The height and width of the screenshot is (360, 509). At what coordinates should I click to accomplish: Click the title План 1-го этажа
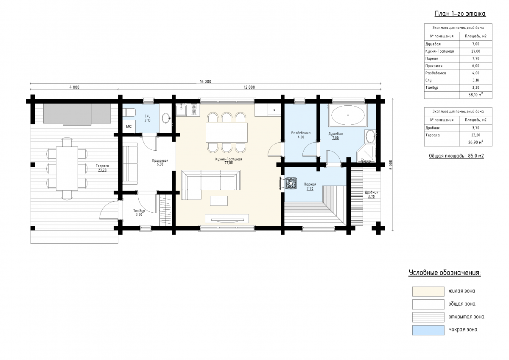460,14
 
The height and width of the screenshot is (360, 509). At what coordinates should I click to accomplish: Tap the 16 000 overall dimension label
205,82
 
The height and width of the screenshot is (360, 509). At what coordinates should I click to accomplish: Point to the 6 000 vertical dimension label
391,165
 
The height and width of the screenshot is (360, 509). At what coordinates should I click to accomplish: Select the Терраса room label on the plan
102,166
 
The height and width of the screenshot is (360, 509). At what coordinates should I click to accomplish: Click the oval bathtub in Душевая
348,115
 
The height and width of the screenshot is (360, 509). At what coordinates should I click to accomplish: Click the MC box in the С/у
129,127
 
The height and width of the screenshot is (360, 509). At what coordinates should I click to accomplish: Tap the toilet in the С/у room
129,112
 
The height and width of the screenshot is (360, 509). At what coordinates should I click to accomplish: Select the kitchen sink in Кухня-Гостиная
181,110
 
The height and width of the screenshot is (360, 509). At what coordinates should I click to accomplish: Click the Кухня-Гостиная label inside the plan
229,159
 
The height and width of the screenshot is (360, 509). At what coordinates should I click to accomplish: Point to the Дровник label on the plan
371,192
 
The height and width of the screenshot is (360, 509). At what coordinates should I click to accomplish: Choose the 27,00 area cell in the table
475,51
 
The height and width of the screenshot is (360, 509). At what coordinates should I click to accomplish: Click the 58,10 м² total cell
475,95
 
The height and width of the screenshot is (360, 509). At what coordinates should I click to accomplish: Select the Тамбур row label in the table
432,87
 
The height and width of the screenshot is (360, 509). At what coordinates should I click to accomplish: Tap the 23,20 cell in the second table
475,135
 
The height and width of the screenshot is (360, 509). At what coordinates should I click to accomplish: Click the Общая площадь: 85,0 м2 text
456,156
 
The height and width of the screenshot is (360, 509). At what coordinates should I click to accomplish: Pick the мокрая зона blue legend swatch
428,330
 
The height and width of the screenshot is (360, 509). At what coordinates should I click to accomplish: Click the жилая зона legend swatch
428,292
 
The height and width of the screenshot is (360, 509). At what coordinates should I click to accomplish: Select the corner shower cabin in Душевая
366,153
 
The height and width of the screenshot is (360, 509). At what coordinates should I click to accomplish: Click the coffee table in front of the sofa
218,201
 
